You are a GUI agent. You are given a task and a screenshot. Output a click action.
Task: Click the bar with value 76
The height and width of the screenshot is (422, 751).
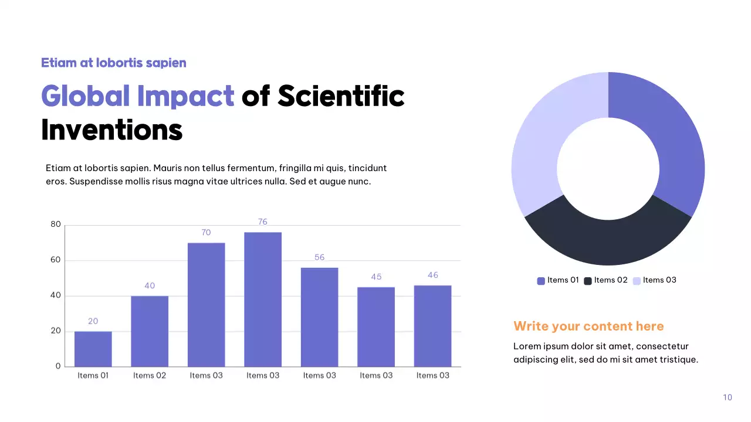tap(263, 299)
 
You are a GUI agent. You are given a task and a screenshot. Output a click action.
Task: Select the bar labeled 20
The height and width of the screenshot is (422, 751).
tap(93, 349)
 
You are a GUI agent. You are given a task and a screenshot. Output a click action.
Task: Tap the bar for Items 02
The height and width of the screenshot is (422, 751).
tap(150, 331)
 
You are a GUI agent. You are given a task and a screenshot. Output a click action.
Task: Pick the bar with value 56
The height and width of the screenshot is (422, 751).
tap(320, 316)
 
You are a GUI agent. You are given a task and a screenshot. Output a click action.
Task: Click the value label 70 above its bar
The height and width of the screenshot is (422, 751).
tap(206, 233)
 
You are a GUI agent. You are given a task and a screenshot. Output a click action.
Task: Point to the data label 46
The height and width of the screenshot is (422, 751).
tap(433, 275)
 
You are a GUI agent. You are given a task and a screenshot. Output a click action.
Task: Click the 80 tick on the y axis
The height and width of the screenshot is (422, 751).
tap(56, 224)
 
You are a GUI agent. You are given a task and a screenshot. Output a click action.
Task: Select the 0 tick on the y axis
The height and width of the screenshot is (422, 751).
tap(58, 366)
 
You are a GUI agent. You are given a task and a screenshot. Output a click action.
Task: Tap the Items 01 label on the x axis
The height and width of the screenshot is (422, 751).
tap(93, 376)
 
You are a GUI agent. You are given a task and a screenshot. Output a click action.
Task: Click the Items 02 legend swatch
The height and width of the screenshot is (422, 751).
tap(588, 281)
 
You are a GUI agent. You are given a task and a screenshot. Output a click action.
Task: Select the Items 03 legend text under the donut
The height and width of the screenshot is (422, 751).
tap(659, 280)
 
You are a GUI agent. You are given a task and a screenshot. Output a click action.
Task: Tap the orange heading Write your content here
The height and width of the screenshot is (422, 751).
tap(588, 326)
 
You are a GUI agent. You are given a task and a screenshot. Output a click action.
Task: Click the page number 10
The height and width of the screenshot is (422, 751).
tap(728, 397)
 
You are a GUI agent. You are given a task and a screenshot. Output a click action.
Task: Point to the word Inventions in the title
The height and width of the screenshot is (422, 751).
tap(111, 130)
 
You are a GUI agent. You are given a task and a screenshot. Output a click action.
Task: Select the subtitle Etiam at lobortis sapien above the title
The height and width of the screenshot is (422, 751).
tap(113, 63)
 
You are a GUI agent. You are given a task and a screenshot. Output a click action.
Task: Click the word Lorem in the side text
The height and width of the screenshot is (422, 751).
tap(526, 346)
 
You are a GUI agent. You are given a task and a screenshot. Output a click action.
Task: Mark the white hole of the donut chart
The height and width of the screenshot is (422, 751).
tap(608, 169)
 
